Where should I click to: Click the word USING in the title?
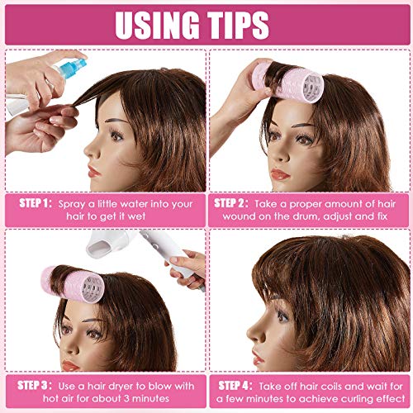pyautogui.click(x=162, y=25)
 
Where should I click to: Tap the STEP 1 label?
pyautogui.click(x=46, y=201)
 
